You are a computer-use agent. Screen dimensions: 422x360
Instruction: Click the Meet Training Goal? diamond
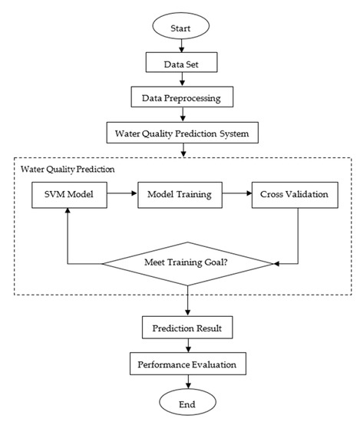click(187, 263)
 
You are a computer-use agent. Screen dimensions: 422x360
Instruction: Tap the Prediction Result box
click(187, 328)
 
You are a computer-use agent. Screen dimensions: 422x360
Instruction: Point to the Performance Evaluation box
click(187, 362)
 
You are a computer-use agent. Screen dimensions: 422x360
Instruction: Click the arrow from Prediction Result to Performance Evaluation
click(187, 345)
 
